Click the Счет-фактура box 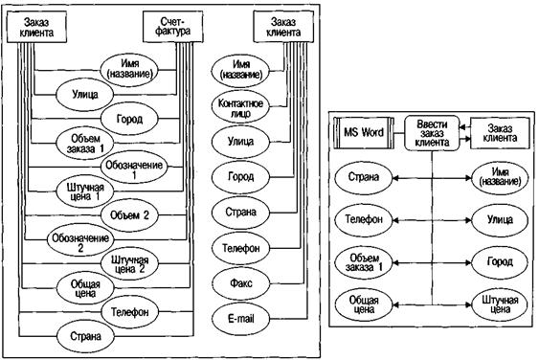point(172,27)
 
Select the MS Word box point(364,133)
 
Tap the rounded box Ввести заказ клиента point(432,133)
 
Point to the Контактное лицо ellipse point(240,108)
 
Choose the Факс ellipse point(240,283)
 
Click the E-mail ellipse point(240,319)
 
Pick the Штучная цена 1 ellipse point(84,191)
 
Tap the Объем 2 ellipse point(129,215)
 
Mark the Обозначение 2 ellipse point(80,240)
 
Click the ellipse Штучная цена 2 point(129,264)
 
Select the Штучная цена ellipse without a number point(500,304)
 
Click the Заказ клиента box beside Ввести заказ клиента point(500,133)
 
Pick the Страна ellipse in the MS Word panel point(364,177)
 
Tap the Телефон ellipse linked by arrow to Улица point(364,219)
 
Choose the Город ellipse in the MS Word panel point(500,262)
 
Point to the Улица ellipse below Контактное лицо point(240,142)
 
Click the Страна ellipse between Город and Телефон point(240,213)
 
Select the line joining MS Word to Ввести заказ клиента point(399,133)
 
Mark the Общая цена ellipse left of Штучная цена point(364,304)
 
